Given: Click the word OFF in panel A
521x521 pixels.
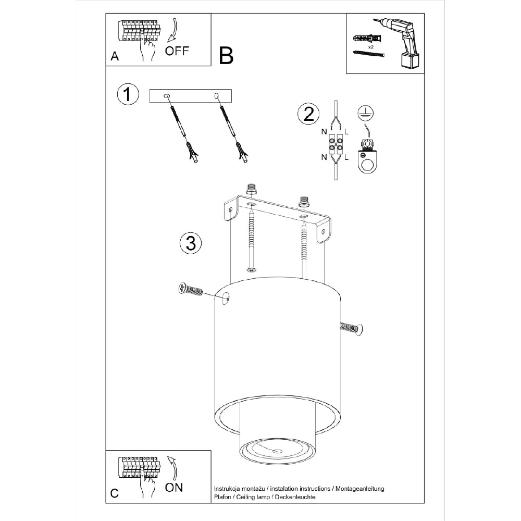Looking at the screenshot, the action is coord(177,51).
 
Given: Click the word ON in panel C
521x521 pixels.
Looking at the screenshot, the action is coord(174,488).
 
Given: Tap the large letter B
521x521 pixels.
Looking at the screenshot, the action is coord(226,56).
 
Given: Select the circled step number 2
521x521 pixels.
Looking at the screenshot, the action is coord(308,114).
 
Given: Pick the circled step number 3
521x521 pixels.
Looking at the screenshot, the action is coord(191,243).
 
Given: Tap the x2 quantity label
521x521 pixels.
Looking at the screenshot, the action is coord(370,47).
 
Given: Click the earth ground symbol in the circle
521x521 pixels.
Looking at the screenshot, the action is coord(365,114).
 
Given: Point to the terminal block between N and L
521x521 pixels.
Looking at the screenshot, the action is coord(336,144).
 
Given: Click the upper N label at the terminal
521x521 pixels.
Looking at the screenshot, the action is coord(324,132).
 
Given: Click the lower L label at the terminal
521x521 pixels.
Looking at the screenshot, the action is coord(346,157).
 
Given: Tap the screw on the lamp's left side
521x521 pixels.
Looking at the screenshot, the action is coord(190,290).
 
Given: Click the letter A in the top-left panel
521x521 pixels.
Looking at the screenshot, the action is coord(115,56).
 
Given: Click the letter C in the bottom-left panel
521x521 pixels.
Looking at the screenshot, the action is coord(114,493).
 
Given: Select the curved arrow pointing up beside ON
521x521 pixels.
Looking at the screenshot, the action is coord(173,468).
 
